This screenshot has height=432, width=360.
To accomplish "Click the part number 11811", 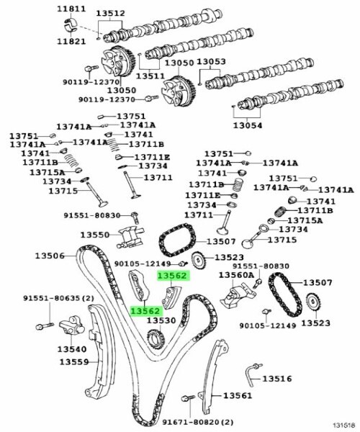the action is [71, 9].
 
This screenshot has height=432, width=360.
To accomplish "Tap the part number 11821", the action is [71, 41].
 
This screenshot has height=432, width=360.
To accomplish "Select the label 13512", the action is [110, 13].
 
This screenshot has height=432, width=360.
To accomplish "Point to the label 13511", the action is [150, 76].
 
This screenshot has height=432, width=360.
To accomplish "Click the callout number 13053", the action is [211, 61].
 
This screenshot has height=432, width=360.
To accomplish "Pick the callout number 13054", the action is [248, 125].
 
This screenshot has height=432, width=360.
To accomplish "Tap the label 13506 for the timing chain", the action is [50, 256].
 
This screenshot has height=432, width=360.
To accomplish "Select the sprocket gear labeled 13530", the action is [156, 338].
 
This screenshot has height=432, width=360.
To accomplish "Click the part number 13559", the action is [74, 361].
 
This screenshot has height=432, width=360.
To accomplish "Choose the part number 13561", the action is [238, 395].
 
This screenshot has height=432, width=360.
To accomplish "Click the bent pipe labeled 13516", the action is [252, 374].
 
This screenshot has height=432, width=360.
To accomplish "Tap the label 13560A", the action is [237, 275].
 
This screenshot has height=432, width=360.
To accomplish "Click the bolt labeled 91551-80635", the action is [45, 326].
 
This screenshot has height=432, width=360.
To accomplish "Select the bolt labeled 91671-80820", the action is [188, 398].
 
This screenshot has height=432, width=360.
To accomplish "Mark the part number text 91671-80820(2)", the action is [198, 422].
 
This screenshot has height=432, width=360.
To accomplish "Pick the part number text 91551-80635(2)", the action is [58, 298].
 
